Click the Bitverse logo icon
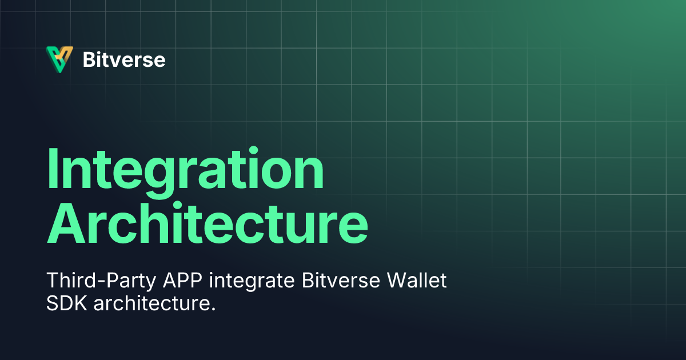[59, 59]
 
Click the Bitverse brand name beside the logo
[124, 59]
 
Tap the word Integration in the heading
[185, 170]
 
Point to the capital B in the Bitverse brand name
[89, 59]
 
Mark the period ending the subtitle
[213, 309]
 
